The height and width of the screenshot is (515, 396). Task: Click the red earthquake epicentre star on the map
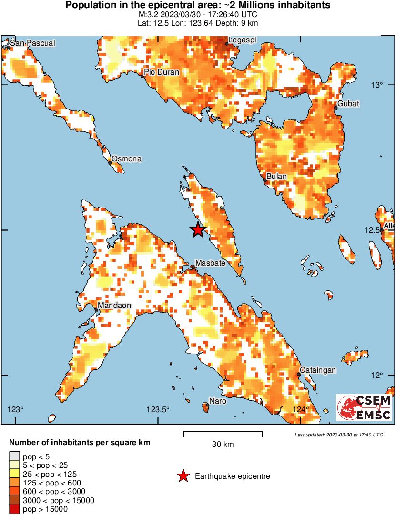pyautogui.click(x=198, y=230)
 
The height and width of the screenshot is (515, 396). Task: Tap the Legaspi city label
pyautogui.click(x=243, y=40)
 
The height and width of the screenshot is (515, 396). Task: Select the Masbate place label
pyautogui.click(x=211, y=263)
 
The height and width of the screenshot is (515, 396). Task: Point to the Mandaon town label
pyautogui.click(x=114, y=305)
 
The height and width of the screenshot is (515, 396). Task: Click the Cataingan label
pyautogui.click(x=317, y=370)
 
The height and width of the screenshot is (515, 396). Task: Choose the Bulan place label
pyautogui.click(x=276, y=176)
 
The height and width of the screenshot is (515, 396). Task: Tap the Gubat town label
pyautogui.click(x=348, y=103)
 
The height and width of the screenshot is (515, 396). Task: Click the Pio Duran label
pyautogui.click(x=162, y=72)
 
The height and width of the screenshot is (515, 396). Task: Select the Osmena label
pyautogui.click(x=126, y=158)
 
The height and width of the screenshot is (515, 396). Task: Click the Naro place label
pyautogui.click(x=218, y=401)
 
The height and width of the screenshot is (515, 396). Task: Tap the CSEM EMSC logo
pyautogui.click(x=364, y=408)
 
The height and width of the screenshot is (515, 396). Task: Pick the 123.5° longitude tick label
pyautogui.click(x=158, y=409)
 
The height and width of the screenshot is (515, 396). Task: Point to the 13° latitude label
pyautogui.click(x=377, y=85)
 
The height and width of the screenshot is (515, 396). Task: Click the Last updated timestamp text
pyautogui.click(x=339, y=435)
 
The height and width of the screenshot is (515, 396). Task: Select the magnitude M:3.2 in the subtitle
pyautogui.click(x=148, y=14)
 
